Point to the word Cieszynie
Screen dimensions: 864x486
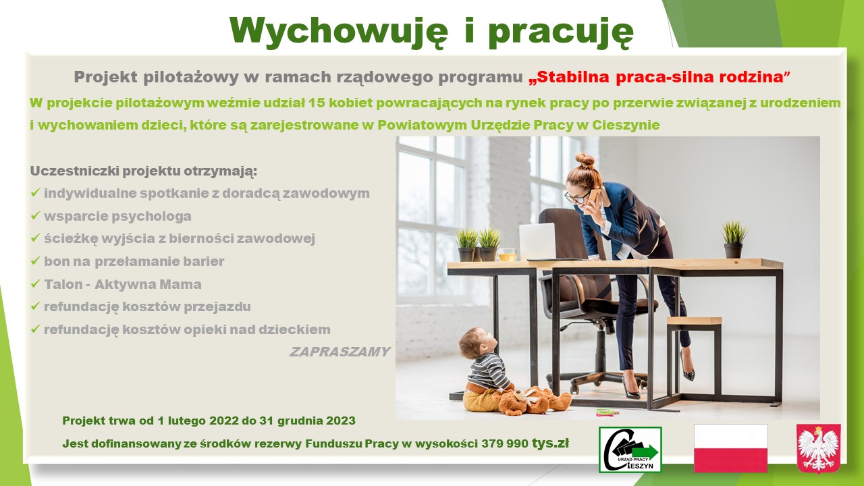(626, 125)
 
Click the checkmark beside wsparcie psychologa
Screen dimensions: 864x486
(36, 215)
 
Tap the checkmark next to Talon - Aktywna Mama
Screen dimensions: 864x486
(36, 283)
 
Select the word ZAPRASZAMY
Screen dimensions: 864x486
(340, 352)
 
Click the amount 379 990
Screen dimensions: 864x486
(504, 443)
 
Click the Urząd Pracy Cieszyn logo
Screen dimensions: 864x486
(630, 450)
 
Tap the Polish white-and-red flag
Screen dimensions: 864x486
(730, 448)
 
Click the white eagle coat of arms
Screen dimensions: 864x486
(819, 449)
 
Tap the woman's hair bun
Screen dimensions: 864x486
(585, 161)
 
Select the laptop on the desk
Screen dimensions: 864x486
(538, 242)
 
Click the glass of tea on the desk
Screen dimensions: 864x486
(507, 254)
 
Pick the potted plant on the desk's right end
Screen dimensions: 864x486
(734, 239)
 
